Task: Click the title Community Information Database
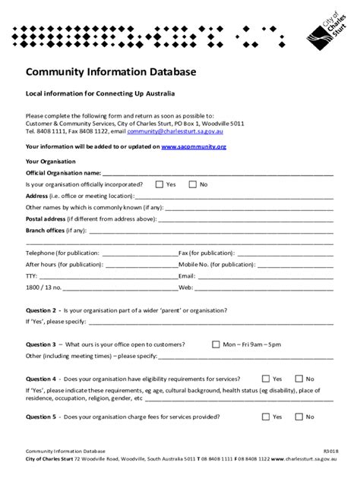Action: click(x=111, y=72)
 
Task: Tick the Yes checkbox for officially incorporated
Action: click(x=159, y=184)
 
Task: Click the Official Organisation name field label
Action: click(x=58, y=173)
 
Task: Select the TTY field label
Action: click(x=31, y=277)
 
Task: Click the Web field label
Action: click(x=185, y=288)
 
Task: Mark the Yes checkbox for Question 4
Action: click(x=264, y=378)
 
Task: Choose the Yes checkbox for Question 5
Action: click(x=264, y=416)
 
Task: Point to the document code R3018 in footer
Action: click(x=327, y=451)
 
